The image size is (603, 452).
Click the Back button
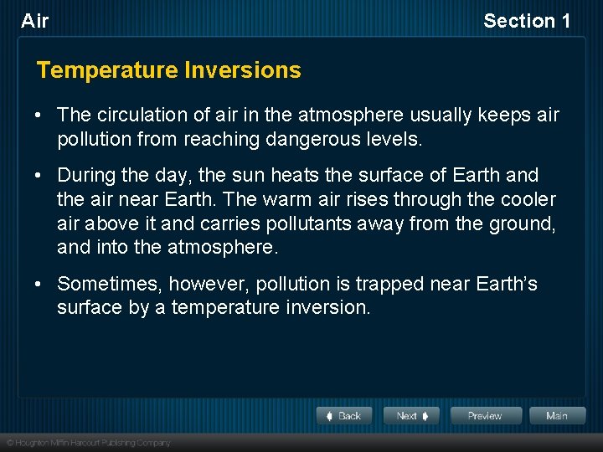(343, 416)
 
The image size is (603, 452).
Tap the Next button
(411, 416)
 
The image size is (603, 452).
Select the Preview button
(486, 416)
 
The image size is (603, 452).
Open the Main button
(556, 416)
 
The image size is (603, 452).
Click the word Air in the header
(35, 21)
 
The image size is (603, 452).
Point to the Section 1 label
(527, 21)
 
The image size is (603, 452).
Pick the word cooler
(523, 199)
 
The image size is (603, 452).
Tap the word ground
(518, 223)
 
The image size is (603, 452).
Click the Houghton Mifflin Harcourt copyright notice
(88, 443)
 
